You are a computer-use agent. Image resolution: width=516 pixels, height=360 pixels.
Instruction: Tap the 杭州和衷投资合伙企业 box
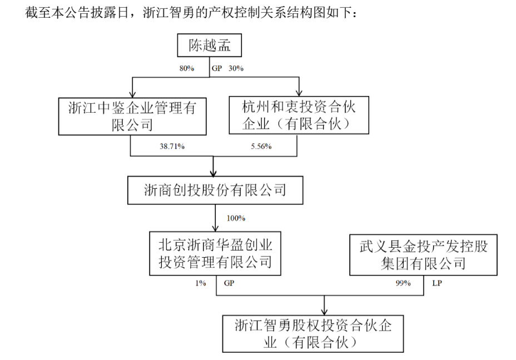299,116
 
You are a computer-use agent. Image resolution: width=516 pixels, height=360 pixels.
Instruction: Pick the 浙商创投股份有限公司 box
215,191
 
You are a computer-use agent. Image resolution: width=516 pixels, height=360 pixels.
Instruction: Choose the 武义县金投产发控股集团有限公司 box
423,254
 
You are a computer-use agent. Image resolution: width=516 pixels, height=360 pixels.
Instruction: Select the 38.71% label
172,147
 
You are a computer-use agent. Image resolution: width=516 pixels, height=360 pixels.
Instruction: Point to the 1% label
201,283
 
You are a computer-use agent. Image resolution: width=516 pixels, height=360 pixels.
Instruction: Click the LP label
437,283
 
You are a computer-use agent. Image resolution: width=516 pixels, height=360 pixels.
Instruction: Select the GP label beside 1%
229,283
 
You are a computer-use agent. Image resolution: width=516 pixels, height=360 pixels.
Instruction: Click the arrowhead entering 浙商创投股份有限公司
215,172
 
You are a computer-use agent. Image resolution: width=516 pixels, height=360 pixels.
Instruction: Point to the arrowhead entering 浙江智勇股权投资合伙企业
325,311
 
